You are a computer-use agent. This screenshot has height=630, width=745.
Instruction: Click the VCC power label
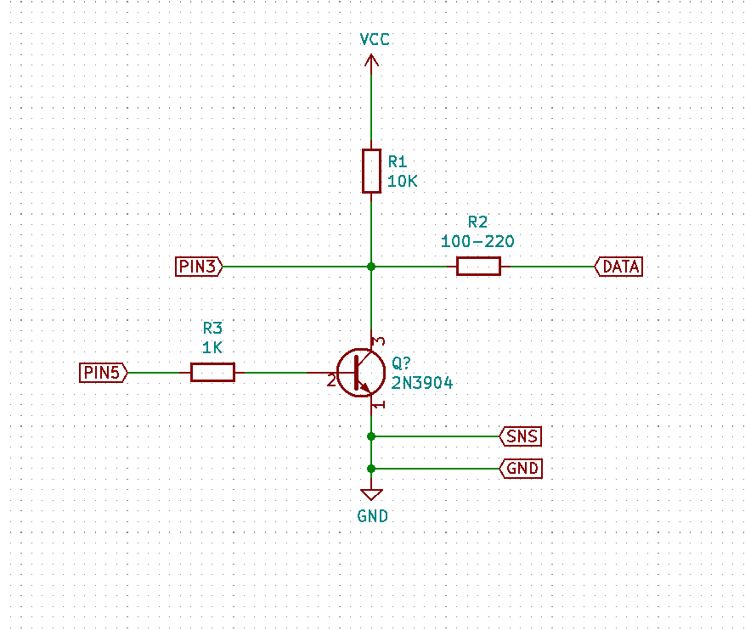(x=375, y=40)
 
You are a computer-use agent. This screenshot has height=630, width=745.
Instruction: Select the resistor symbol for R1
(x=371, y=171)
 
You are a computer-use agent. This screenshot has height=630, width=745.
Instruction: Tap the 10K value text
(x=403, y=181)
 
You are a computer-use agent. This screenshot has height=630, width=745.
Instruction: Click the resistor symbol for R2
(x=478, y=267)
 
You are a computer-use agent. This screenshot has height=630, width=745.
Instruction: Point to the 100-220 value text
(x=477, y=241)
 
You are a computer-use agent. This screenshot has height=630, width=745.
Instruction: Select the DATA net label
(x=619, y=267)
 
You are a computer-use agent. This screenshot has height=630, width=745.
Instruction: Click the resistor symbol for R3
(x=212, y=372)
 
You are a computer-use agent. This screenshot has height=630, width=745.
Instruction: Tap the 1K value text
(x=212, y=346)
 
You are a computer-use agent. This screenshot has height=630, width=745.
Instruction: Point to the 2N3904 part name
(x=422, y=383)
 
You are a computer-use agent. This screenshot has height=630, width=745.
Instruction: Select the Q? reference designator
(x=401, y=363)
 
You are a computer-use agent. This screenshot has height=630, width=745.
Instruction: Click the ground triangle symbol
(x=371, y=494)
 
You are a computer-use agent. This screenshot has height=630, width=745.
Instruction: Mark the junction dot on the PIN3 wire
(x=371, y=267)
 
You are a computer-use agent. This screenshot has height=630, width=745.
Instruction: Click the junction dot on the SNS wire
(x=371, y=436)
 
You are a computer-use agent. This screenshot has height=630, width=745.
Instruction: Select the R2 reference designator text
(x=477, y=222)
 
